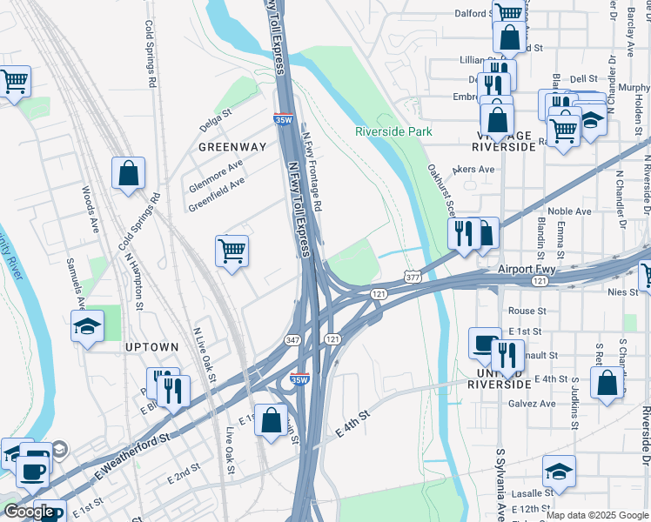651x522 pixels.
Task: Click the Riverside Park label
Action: click(x=393, y=131)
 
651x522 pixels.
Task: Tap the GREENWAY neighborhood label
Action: click(x=232, y=147)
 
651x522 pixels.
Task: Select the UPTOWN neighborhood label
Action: click(x=151, y=347)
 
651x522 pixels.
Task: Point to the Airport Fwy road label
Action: click(x=527, y=270)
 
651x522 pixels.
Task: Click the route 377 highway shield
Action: click(x=412, y=277)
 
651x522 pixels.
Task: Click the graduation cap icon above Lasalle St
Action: click(x=559, y=472)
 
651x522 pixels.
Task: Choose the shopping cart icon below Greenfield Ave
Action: click(x=232, y=251)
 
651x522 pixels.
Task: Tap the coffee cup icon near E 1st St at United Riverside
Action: click(x=485, y=343)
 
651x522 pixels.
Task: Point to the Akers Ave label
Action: click(x=473, y=170)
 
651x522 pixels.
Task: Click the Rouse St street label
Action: click(x=527, y=311)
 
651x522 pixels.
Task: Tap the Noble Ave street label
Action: click(x=570, y=211)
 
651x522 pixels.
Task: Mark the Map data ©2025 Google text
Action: click(x=596, y=515)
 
